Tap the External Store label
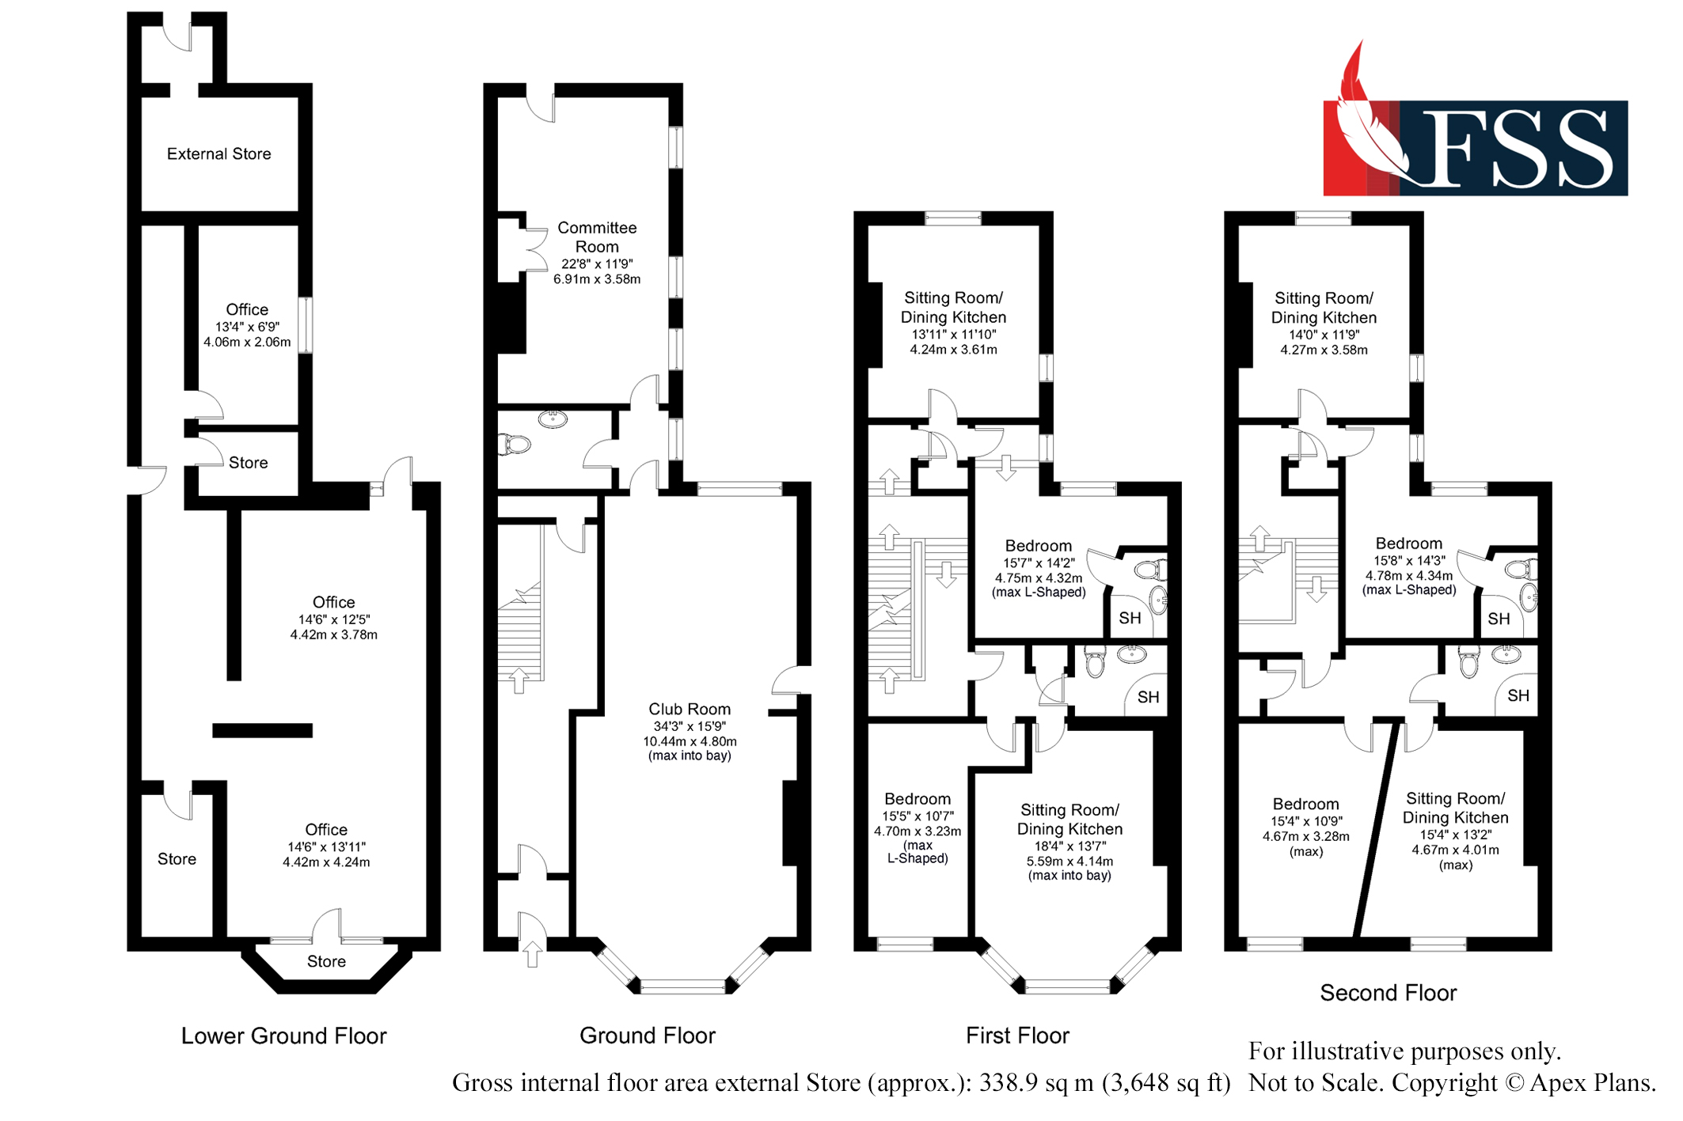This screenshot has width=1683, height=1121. click(x=218, y=153)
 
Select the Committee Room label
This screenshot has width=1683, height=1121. click(x=596, y=237)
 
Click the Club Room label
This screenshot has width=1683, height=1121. click(x=689, y=709)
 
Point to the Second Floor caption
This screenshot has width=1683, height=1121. click(x=1388, y=993)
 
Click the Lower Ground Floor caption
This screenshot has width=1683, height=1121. click(x=283, y=1036)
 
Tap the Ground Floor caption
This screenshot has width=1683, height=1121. click(x=647, y=1036)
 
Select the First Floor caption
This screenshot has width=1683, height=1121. click(x=1017, y=1036)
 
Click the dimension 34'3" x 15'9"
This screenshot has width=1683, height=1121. click(x=689, y=726)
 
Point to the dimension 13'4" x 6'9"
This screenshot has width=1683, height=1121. click(x=247, y=327)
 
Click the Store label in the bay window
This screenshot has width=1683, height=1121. click(x=326, y=961)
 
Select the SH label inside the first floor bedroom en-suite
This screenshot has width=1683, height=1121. click(x=1130, y=618)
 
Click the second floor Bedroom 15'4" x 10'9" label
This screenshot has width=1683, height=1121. click(x=1305, y=804)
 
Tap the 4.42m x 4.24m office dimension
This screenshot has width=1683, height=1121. click(x=326, y=862)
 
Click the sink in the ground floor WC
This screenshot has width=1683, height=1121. click(x=553, y=418)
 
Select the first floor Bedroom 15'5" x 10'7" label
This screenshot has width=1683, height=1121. click(x=917, y=799)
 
